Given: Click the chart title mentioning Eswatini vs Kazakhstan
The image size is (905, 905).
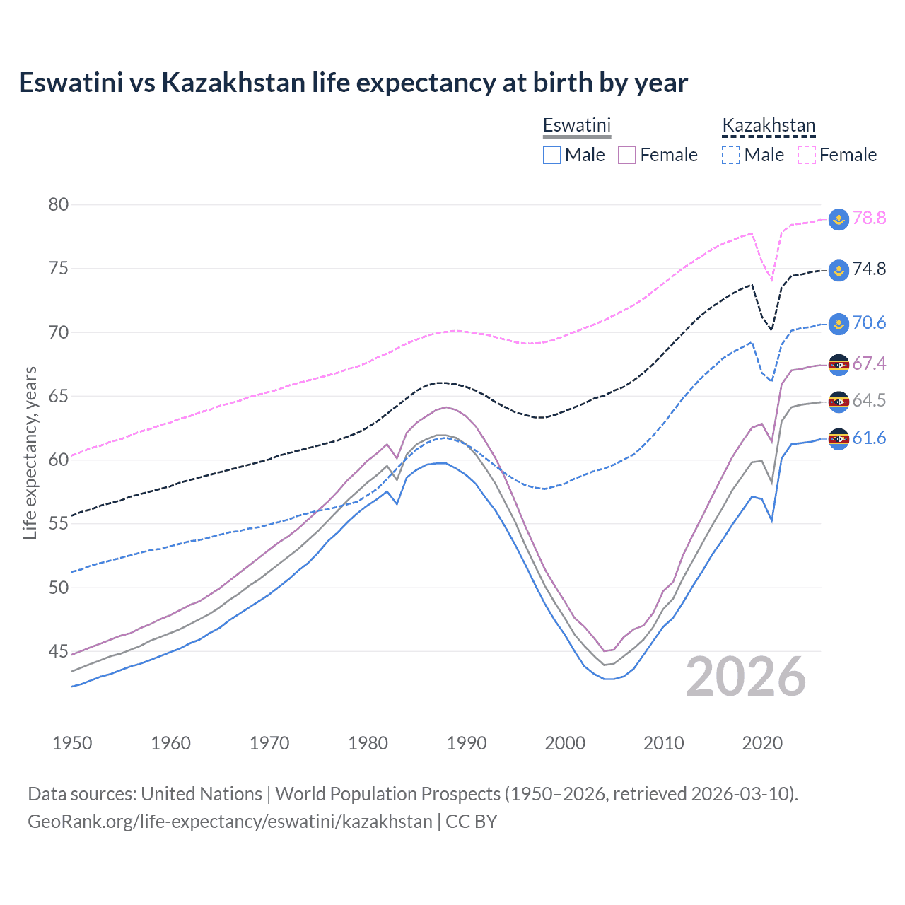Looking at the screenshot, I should [x=353, y=83].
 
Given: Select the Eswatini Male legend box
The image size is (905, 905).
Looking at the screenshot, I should [x=552, y=155].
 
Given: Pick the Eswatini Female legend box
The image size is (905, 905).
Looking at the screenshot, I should [x=627, y=155].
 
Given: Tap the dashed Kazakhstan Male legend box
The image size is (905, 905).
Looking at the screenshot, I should [x=731, y=155].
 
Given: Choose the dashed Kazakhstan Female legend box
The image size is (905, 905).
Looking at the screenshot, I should [x=807, y=155].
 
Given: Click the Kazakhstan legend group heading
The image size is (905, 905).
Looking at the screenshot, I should [x=769, y=126].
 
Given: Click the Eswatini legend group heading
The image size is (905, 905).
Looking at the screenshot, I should [x=576, y=126].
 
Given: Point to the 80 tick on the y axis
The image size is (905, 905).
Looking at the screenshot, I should [x=59, y=205].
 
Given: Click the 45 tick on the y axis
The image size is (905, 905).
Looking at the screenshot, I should [x=59, y=651].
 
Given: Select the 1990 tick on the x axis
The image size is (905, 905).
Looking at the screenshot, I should [x=467, y=743].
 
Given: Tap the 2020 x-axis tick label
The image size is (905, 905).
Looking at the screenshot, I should [x=762, y=743].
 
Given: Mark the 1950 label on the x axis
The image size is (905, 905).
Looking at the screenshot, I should [x=72, y=743].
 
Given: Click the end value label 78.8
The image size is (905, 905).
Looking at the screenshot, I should [x=869, y=218].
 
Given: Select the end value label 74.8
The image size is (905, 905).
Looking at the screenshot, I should [x=869, y=269].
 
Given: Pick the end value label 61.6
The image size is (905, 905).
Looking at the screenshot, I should [x=869, y=438].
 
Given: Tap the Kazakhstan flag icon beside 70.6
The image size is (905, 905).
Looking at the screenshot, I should [x=838, y=324].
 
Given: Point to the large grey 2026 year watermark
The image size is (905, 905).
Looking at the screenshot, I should [x=746, y=677].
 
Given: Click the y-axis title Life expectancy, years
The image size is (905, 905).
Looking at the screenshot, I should [x=30, y=452].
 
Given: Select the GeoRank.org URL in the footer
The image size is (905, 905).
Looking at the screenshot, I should [x=230, y=822].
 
